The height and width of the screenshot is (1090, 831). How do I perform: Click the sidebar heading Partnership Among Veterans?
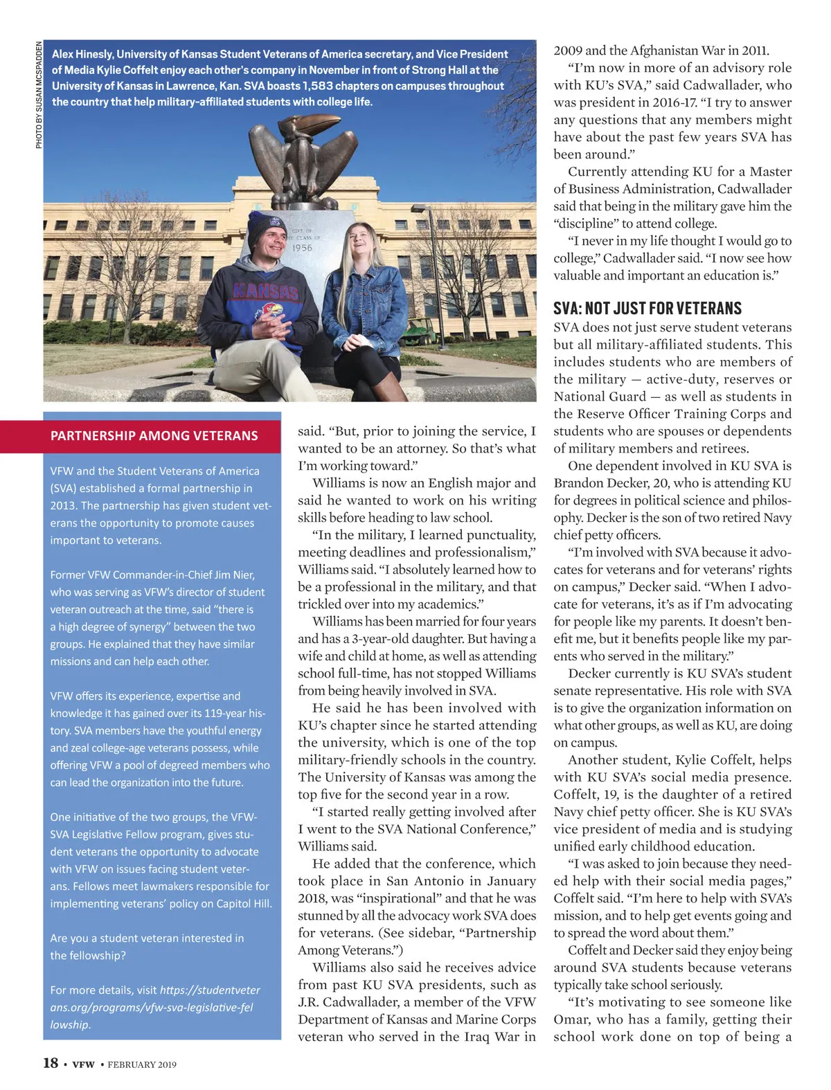(x=154, y=436)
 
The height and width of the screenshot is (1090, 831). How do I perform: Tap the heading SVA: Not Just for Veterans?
(x=647, y=308)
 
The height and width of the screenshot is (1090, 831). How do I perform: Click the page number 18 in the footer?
(x=51, y=1063)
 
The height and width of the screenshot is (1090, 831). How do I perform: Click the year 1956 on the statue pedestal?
(x=302, y=248)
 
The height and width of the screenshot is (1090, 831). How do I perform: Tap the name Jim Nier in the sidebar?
(x=234, y=575)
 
